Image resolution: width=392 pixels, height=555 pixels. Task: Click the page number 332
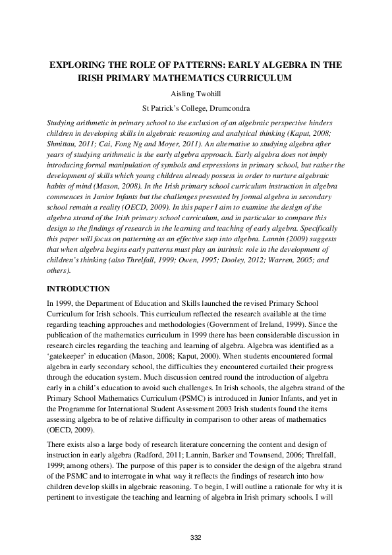[x=196, y=538]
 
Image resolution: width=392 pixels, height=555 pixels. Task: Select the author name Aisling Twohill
[x=196, y=94]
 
